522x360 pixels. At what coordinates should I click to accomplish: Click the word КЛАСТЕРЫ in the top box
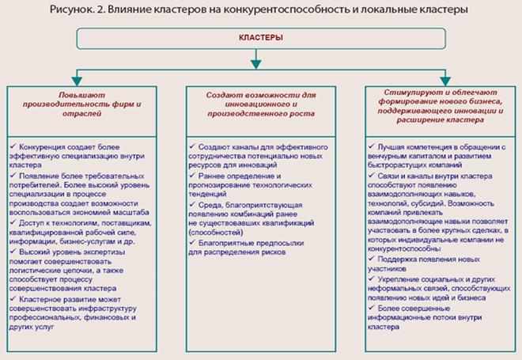coord(261,38)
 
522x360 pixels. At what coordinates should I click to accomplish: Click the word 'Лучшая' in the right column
coord(392,146)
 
